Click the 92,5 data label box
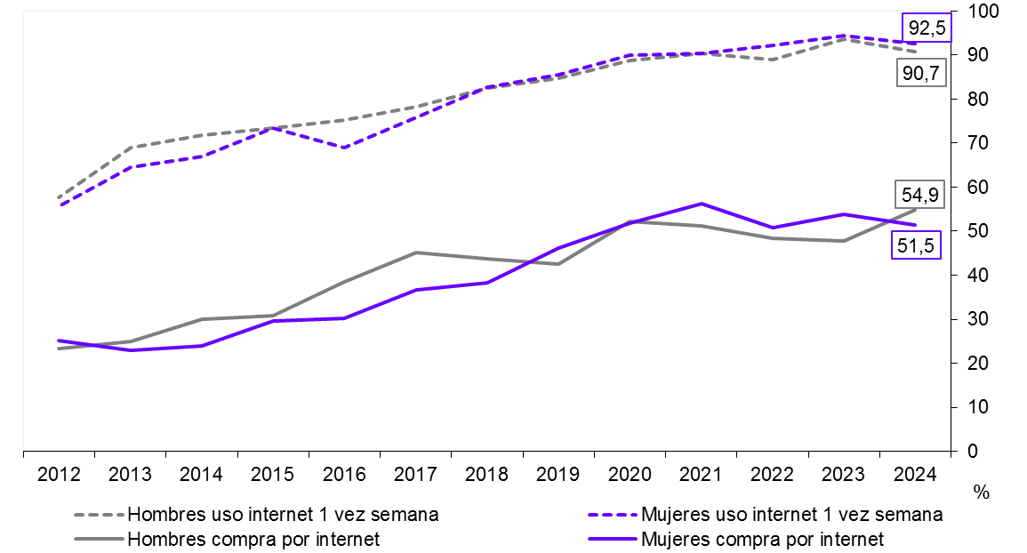pyautogui.click(x=926, y=28)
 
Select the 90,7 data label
pyautogui.click(x=919, y=74)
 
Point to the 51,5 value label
pyautogui.click(x=914, y=246)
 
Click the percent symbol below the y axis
pyautogui.click(x=982, y=493)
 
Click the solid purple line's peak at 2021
pyautogui.click(x=702, y=204)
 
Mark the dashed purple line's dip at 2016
pyautogui.click(x=344, y=148)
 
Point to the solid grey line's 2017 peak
pyautogui.click(x=416, y=252)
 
